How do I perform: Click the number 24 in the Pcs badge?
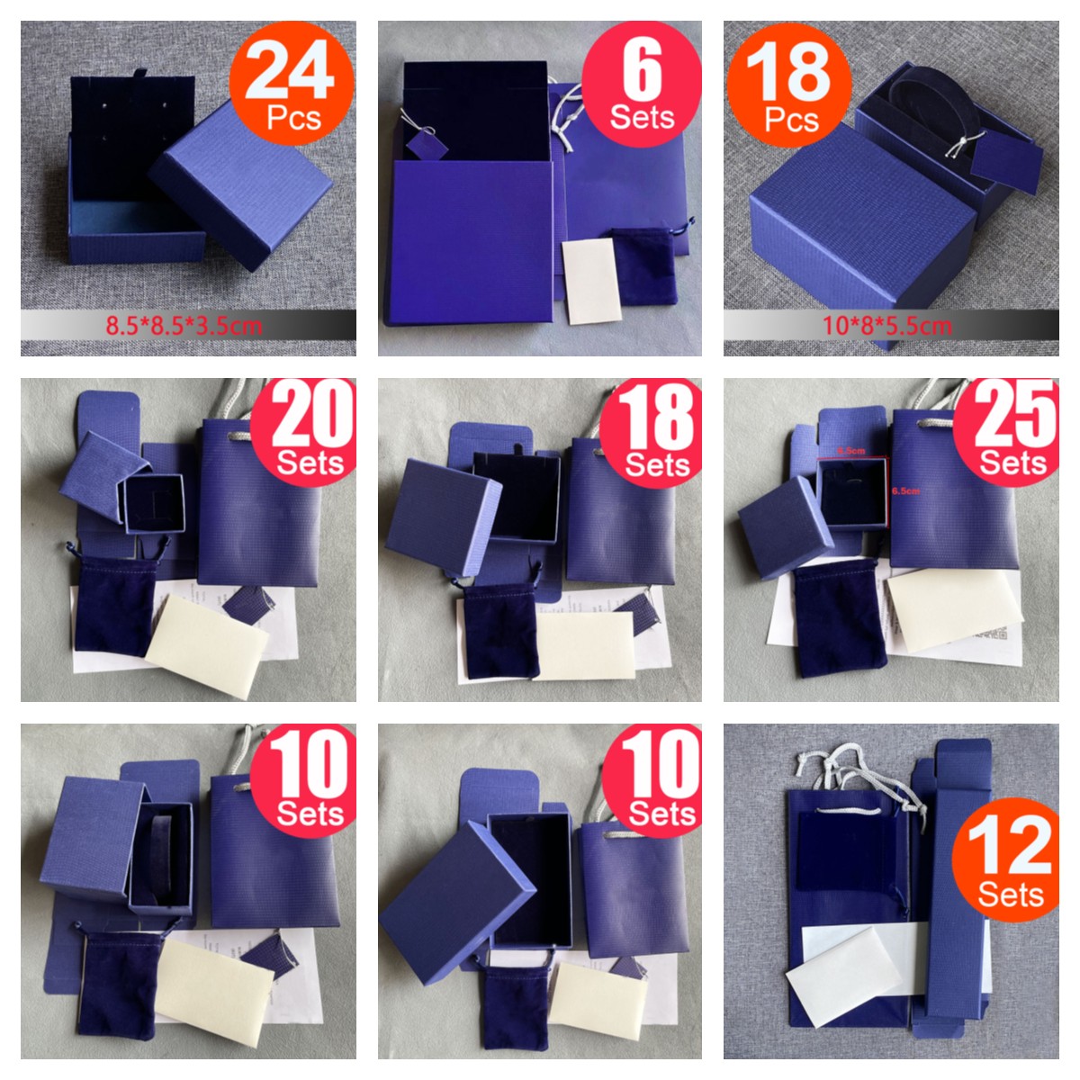290,72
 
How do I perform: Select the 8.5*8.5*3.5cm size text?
184,325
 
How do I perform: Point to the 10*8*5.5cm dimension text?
886,325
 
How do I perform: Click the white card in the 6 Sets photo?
591,282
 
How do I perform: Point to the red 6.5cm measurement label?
905,490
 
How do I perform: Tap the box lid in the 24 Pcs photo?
241,184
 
